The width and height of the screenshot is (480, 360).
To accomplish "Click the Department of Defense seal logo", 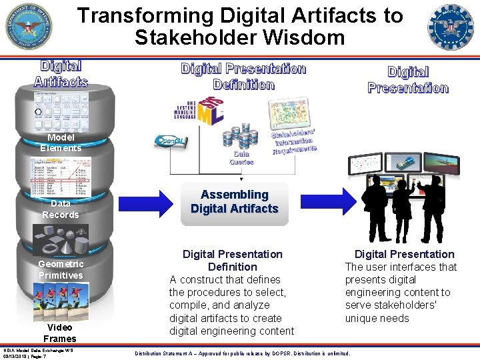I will (29, 27).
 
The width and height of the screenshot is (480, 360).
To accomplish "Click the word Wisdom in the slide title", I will (306, 38).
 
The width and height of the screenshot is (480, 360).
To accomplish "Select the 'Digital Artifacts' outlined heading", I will (61, 73).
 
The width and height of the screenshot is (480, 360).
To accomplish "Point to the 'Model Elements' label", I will (61, 143).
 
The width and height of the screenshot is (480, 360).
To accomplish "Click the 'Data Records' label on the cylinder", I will (61, 209).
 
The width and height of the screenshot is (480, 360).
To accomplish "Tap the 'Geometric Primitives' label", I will (61, 269).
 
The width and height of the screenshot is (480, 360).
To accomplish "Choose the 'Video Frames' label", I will (60, 333).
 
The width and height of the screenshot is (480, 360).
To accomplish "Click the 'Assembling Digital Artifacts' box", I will (234, 202).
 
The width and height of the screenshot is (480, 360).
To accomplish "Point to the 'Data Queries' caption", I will (241, 157).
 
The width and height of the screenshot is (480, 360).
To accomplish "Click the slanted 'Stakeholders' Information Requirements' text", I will (293, 140).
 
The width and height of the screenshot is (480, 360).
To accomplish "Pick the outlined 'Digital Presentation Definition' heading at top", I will (243, 77).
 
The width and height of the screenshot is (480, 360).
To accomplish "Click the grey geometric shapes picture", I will (61, 239).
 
